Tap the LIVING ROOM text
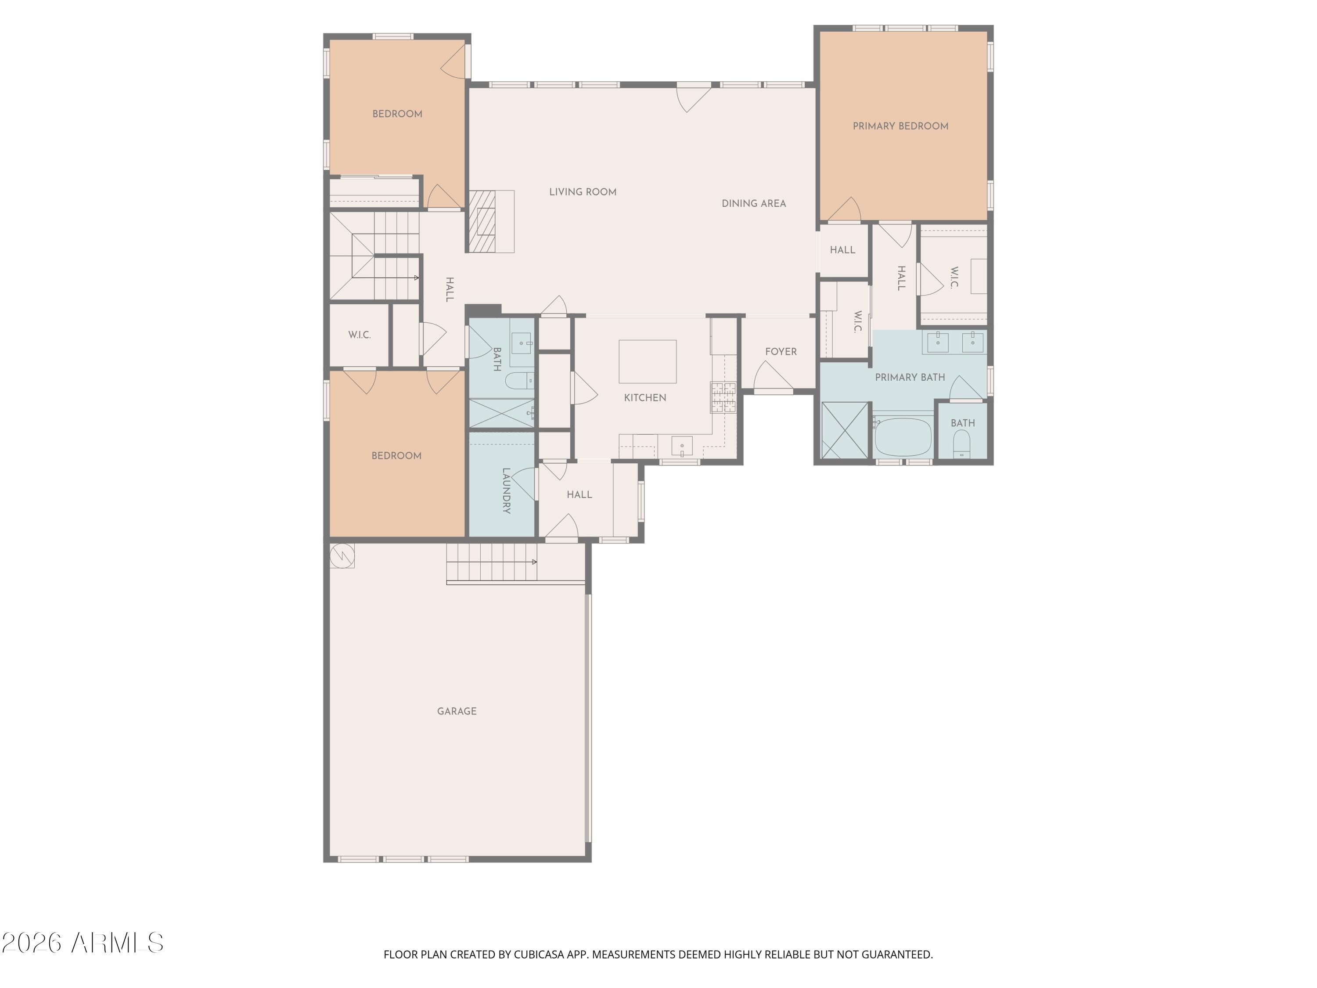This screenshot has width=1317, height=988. (582, 192)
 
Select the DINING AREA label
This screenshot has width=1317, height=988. (753, 203)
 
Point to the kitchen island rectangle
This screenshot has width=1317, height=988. (647, 361)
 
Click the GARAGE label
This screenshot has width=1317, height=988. (457, 711)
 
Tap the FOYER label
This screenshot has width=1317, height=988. (781, 351)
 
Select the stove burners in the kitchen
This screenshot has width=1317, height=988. (723, 397)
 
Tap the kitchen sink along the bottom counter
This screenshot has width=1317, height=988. (682, 445)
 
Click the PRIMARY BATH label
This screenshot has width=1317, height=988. (909, 377)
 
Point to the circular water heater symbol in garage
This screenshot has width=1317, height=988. (342, 555)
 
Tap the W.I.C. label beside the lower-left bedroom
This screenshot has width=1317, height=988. (359, 335)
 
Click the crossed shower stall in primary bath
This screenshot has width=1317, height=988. (844, 430)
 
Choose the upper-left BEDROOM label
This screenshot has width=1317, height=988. (397, 114)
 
